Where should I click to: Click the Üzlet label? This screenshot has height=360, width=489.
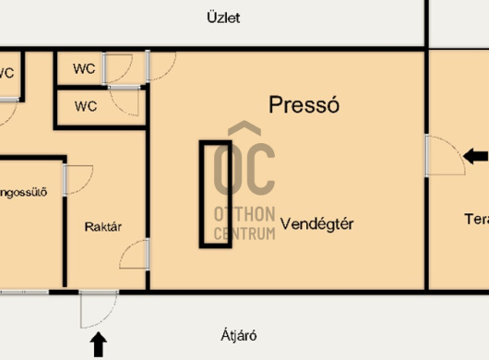click(224, 18)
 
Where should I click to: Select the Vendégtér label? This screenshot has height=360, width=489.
click(317, 222)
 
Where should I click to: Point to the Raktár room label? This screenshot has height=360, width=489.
click(103, 226)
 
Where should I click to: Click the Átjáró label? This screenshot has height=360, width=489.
click(236, 335)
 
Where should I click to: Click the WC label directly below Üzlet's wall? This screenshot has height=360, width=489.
click(85, 68)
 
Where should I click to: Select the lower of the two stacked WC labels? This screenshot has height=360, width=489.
click(85, 105)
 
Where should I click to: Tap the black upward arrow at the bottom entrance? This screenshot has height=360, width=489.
click(99, 345)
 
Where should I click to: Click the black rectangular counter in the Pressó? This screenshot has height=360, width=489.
click(216, 193)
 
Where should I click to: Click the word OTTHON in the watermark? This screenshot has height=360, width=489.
click(244, 216)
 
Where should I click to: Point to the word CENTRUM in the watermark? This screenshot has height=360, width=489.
click(244, 234)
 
